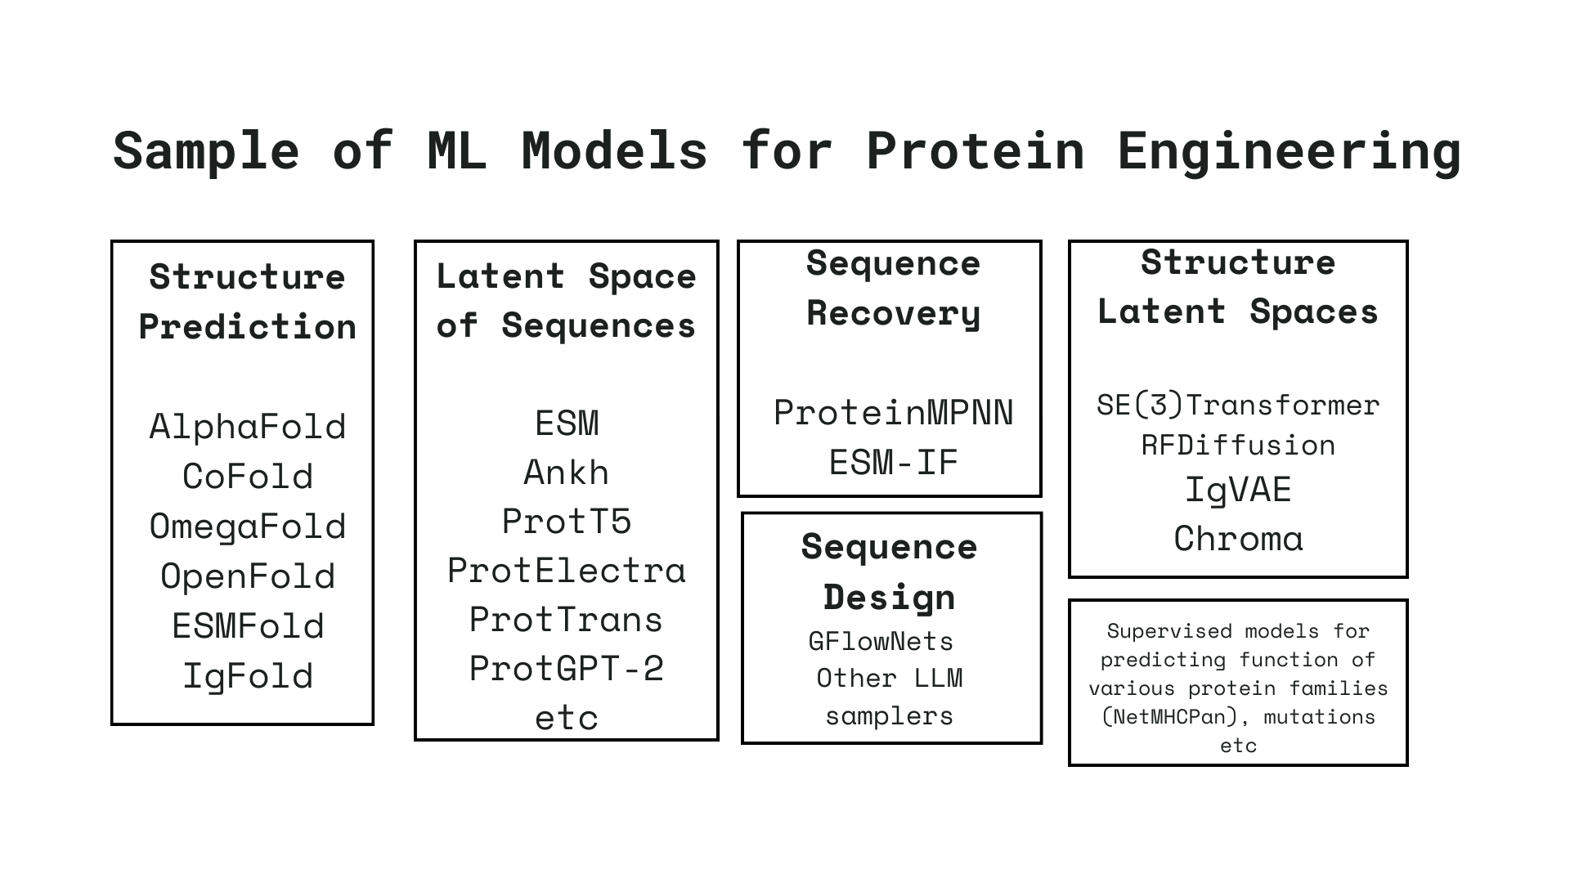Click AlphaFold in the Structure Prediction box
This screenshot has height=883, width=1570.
click(248, 427)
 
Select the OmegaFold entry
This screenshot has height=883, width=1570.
click(248, 527)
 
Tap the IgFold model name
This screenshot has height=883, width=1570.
click(248, 676)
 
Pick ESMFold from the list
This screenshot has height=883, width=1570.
click(248, 626)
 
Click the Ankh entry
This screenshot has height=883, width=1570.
click(566, 473)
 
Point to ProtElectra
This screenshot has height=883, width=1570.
click(566, 571)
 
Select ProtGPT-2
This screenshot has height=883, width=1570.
click(566, 669)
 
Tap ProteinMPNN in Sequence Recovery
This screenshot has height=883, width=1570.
click(893, 413)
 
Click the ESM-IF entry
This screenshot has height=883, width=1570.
click(893, 463)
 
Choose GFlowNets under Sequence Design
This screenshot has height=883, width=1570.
click(881, 641)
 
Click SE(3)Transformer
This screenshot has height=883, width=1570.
click(1237, 406)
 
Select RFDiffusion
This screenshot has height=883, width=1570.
click(1237, 446)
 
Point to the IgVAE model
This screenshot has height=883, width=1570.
click(1237, 491)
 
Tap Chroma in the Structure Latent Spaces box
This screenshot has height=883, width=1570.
click(1237, 539)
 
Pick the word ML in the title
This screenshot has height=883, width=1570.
click(457, 150)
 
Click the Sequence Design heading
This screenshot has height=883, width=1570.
click(889, 571)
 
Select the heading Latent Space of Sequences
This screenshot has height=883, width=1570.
click(566, 301)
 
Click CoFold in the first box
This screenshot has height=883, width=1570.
click(248, 477)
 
